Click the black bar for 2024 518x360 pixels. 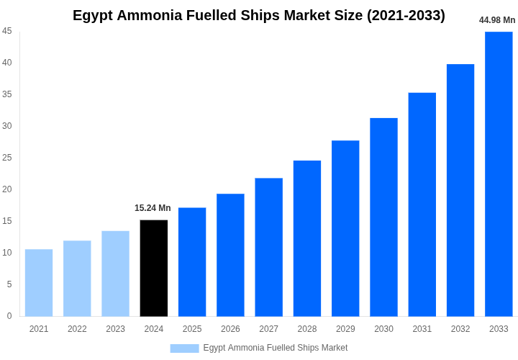(153, 268)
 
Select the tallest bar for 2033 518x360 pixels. (499, 174)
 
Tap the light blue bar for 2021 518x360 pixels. (39, 282)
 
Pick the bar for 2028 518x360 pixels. (307, 238)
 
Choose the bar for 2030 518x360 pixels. (383, 217)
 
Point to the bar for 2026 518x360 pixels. (230, 255)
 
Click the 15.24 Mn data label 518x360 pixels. (153, 208)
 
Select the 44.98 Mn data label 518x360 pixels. (497, 20)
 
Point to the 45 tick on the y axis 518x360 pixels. (7, 31)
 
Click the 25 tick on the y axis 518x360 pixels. (7, 158)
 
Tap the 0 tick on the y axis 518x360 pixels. (9, 316)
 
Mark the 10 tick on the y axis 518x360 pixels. (7, 253)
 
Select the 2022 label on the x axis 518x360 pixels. (77, 329)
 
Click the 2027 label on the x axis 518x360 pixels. (268, 329)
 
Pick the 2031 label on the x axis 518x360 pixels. (422, 329)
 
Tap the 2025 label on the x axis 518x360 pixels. (192, 329)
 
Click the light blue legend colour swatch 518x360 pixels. (184, 348)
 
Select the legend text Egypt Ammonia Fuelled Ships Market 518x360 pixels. (275, 348)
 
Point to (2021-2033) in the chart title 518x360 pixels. (406, 15)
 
